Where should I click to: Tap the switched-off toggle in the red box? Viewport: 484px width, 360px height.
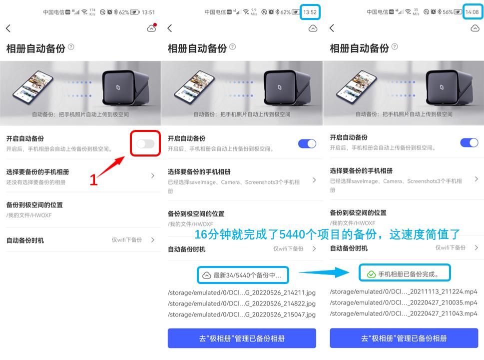point(145,144)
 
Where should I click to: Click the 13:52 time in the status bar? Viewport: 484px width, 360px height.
point(310,12)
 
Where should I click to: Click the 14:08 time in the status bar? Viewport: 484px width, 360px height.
point(472,12)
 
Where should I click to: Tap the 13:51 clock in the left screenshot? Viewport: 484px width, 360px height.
point(148,12)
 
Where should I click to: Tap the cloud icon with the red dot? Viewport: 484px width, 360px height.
point(151,28)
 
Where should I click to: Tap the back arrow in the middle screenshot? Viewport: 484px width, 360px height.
point(170,28)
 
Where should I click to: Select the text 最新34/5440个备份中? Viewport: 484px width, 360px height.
point(247,275)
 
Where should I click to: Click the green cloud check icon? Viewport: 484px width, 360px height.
point(371,274)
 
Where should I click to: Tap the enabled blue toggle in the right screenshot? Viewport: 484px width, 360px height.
point(469,143)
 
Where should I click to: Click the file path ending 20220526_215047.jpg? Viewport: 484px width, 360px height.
point(242,314)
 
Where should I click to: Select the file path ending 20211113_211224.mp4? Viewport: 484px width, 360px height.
point(404,291)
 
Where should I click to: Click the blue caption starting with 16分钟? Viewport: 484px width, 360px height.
point(327,234)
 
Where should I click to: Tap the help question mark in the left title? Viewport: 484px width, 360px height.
point(71,47)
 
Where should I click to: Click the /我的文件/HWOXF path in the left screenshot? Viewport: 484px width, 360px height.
point(29,215)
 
